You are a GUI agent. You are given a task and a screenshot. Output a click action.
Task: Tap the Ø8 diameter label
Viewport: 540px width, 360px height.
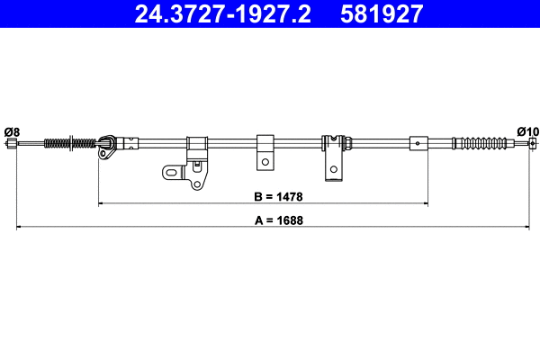pyautogui.click(x=12, y=132)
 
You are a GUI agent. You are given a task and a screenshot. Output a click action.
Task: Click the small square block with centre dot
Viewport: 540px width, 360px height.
pyautogui.click(x=418, y=142)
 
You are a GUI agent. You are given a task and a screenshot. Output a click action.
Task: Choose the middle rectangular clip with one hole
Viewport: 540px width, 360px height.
pyautogui.click(x=265, y=151)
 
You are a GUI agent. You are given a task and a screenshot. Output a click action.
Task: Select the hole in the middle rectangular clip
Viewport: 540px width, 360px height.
pyautogui.click(x=265, y=162)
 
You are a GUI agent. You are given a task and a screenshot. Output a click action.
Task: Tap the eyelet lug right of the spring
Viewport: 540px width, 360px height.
pyautogui.click(x=106, y=145)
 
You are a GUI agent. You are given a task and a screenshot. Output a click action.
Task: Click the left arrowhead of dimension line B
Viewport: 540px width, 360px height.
pyautogui.click(x=101, y=204)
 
